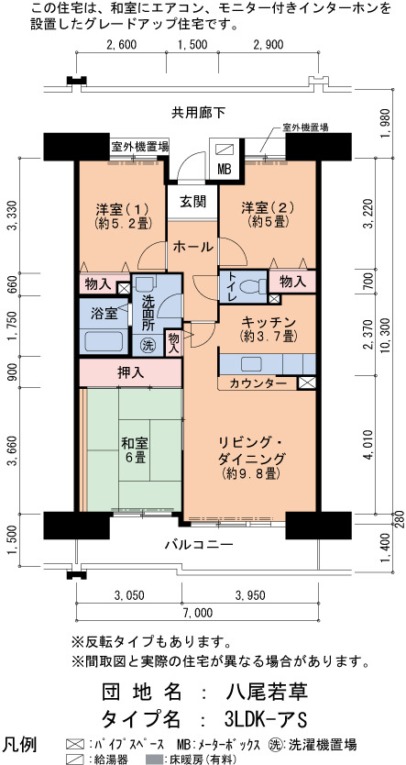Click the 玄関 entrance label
pos(192,201)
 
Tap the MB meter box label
pos(225,170)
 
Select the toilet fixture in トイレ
pos(254,285)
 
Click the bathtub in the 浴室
pos(104,341)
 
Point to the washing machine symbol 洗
pos(148,346)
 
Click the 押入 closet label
pos(131,372)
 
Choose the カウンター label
pos(258,383)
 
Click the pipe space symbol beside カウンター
pos(306,383)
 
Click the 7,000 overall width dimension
pos(197,613)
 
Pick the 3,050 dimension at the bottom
pos(129,594)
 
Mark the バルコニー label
pos(198,544)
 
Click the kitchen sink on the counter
pos(250,364)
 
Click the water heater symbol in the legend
pos(73,759)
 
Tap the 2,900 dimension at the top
pos(269,45)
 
